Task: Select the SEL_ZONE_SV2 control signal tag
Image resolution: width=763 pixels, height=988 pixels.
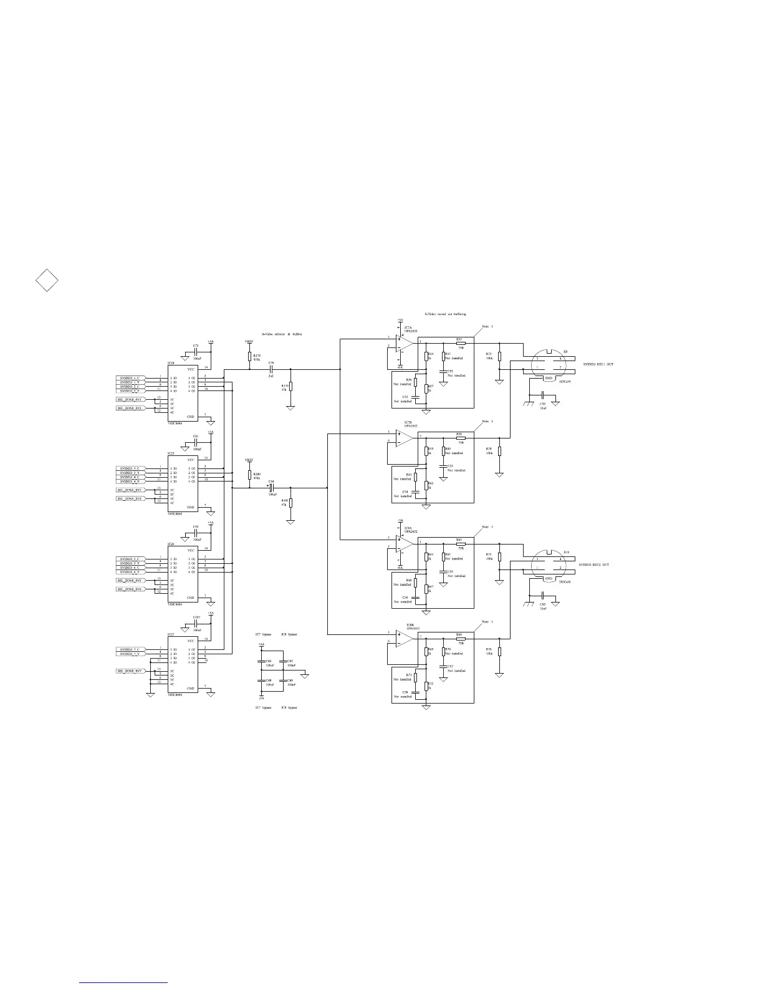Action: pos(130,408)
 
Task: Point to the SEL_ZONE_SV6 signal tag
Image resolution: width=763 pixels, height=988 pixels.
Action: pos(130,589)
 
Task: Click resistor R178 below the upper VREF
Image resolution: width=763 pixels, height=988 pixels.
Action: pos(250,357)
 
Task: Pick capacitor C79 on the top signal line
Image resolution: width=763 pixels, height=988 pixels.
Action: pos(271,369)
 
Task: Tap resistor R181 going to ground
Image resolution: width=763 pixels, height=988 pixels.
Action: pos(290,503)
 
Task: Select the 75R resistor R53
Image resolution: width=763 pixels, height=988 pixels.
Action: pos(461,342)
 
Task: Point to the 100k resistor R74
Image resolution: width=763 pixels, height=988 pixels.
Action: pos(499,451)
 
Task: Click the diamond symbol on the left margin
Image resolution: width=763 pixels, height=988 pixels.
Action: pos(47,281)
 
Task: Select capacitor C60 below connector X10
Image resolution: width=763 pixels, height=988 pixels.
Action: pos(542,596)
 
